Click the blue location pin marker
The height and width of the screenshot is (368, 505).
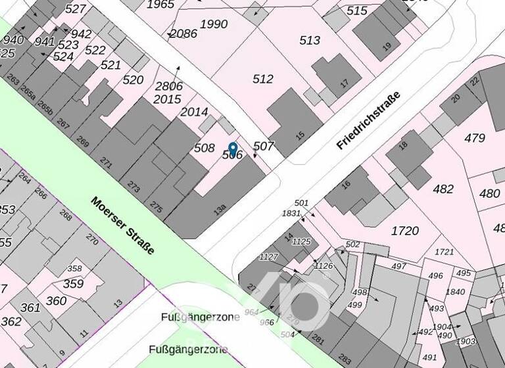pyautogui.click(x=232, y=149)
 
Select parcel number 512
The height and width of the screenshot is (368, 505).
pyautogui.click(x=263, y=79)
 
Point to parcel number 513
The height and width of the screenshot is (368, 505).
pyautogui.click(x=310, y=40)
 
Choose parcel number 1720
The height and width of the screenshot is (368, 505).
pyautogui.click(x=404, y=231)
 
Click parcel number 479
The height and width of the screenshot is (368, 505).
pyautogui.click(x=474, y=138)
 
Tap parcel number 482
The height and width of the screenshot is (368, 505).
pyautogui.click(x=443, y=189)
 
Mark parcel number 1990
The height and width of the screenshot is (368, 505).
pyautogui.click(x=214, y=24)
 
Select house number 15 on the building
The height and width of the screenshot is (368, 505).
pyautogui.click(x=301, y=135)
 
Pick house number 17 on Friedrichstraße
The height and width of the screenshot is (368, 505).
pyautogui.click(x=344, y=83)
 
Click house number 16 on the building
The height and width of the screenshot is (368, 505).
pyautogui.click(x=347, y=185)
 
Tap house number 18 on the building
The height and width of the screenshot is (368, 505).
pyautogui.click(x=403, y=145)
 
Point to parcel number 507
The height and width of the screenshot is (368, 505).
pyautogui.click(x=263, y=146)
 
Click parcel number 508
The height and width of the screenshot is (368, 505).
pyautogui.click(x=204, y=148)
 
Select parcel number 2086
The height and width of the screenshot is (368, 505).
pyautogui.click(x=183, y=33)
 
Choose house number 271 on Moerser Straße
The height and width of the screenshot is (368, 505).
pyautogui.click(x=106, y=160)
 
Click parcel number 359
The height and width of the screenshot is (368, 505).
pyautogui.click(x=74, y=284)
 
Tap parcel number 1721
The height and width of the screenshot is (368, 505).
pyautogui.click(x=445, y=252)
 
